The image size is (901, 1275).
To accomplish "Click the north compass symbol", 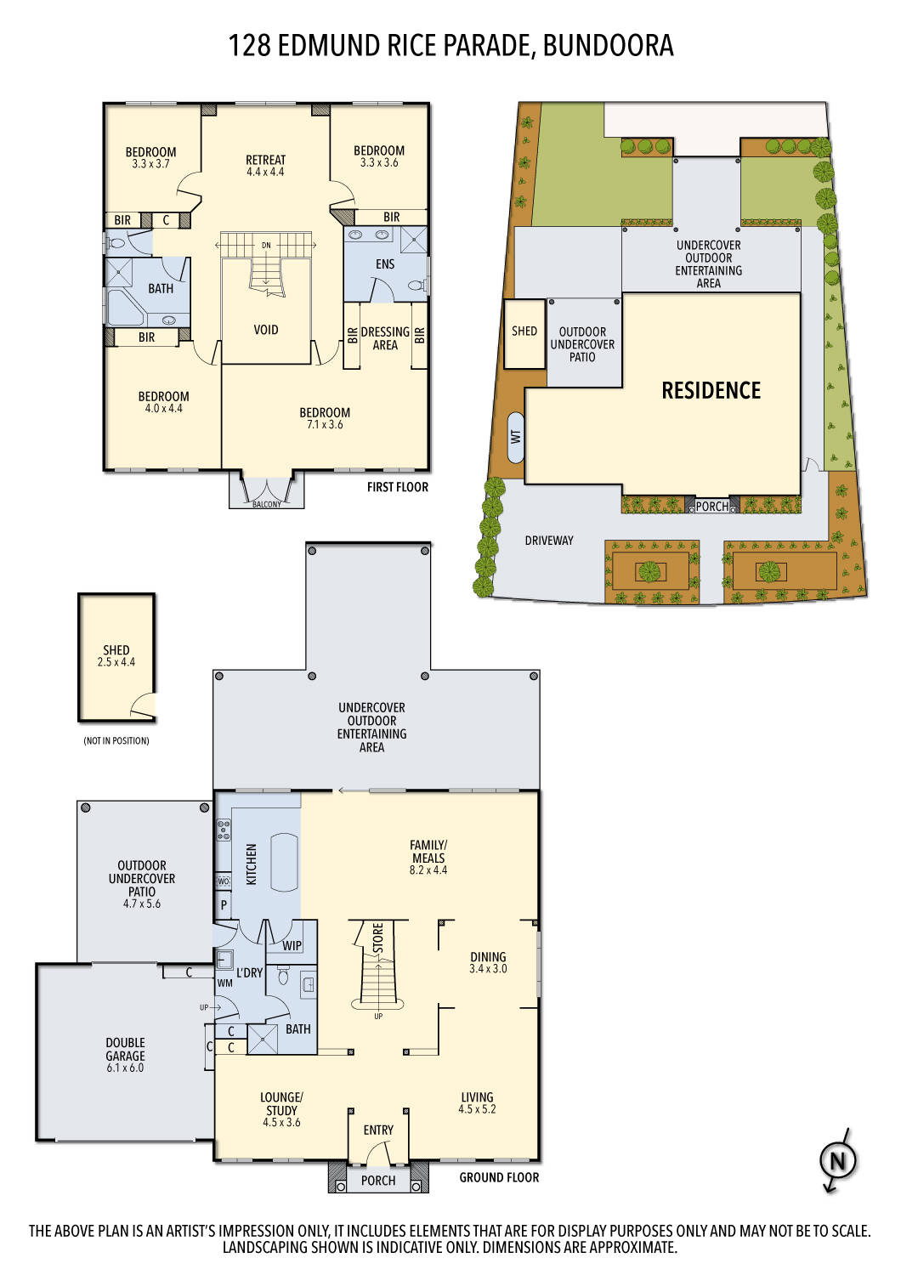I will point(837,1160).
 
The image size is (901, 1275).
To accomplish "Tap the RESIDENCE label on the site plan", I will point(711,391).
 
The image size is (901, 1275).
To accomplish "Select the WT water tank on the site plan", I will point(516,437).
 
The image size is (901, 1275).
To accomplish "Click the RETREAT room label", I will point(265,160).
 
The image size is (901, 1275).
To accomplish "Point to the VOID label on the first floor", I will point(265,330).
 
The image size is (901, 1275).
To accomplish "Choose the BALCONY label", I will point(266,504).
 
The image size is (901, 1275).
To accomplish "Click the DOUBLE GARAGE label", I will point(125,1049).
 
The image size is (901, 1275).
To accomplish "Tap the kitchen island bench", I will point(284,862).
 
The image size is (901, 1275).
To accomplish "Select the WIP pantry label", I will point(292,945).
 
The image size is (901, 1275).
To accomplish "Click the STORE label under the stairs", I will point(378,938).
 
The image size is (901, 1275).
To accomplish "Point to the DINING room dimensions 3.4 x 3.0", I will point(488,969).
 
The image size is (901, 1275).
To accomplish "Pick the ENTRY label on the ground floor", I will point(378,1130).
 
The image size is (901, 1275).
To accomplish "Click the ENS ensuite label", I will point(385,264).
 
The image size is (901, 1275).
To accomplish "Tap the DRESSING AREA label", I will point(385,338).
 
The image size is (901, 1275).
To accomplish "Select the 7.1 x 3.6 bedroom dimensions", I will point(325,425).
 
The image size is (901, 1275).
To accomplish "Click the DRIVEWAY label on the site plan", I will point(548,541).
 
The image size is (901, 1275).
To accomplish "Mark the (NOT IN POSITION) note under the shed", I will point(116,741).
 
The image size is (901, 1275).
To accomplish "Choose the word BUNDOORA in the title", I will point(608,45).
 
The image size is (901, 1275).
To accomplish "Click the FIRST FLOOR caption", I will point(397,487).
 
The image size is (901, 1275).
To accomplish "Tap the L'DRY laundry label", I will point(249,972).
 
